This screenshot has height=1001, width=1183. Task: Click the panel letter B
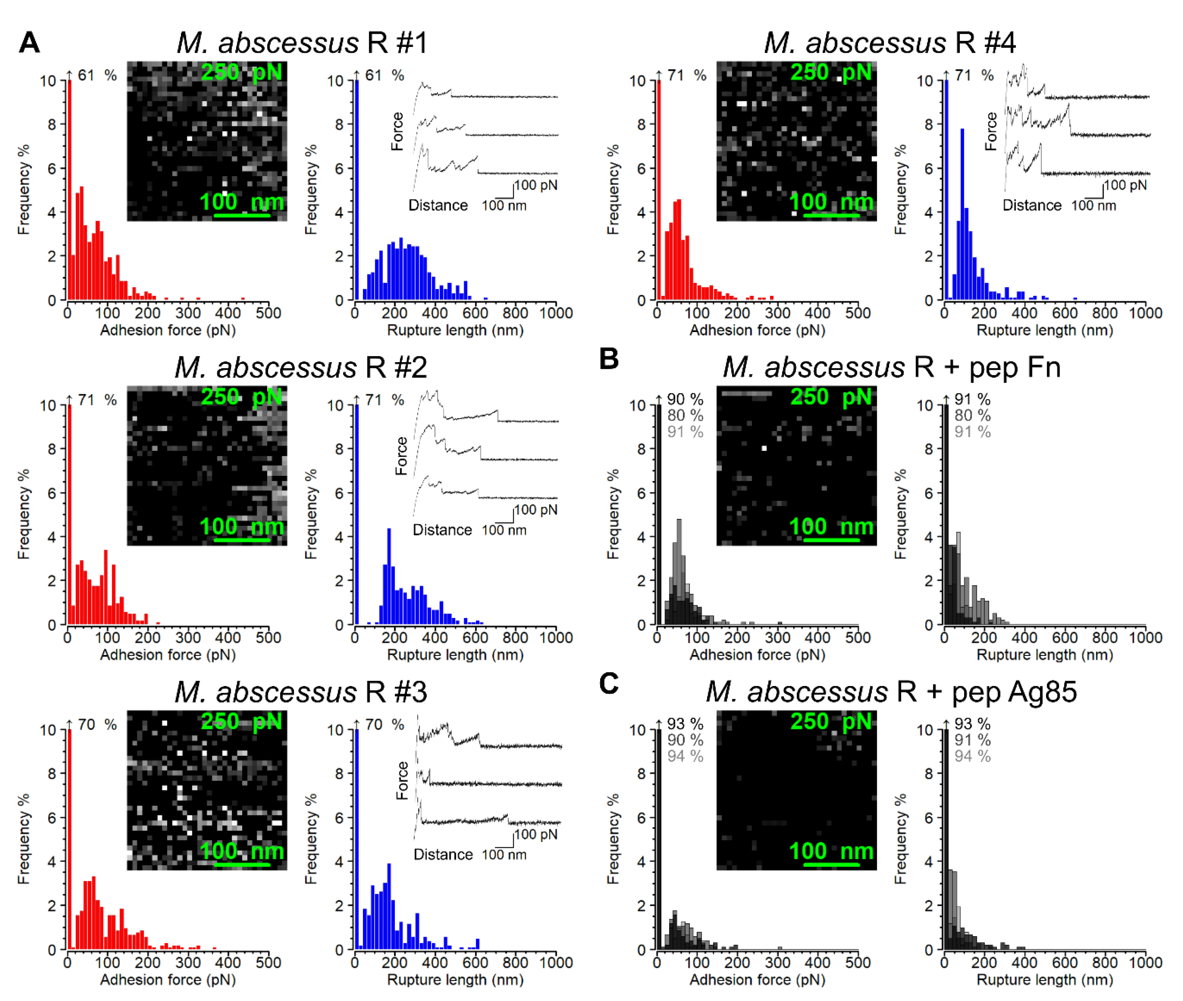609,359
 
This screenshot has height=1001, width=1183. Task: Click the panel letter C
609,684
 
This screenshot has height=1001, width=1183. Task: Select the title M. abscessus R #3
301,692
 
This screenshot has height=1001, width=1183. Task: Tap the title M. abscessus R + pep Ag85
891,692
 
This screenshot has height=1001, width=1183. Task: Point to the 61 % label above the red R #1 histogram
96,75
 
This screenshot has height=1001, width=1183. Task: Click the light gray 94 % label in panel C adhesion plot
685,756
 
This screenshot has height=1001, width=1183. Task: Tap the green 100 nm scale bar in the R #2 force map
242,540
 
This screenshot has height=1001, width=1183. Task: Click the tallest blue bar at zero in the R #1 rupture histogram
356,190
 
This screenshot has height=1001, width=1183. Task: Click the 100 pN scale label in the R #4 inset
1125,185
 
